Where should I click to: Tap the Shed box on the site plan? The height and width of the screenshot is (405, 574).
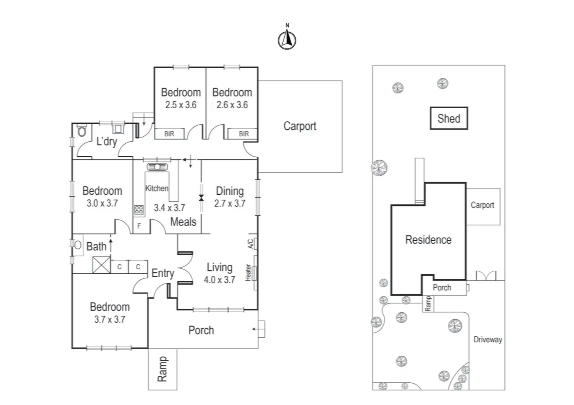coord(449,118)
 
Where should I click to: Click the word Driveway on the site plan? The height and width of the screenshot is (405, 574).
coord(488,340)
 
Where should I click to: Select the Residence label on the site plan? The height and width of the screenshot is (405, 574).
coord(428,240)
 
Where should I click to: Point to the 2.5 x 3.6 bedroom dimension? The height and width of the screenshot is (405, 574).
coord(181,105)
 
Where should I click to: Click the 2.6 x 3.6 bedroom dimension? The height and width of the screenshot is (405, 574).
coord(232,105)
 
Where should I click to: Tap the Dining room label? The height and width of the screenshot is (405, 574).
coord(230,191)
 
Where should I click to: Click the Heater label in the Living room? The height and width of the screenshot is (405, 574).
coord(248,273)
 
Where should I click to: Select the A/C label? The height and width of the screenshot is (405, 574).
coord(251,243)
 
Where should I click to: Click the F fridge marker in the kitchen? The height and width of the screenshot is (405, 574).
coord(139,226)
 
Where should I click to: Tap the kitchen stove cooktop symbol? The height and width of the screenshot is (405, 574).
coord(139,210)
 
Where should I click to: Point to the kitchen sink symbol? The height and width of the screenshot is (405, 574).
coord(157,167)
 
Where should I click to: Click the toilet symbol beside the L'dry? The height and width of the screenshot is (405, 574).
coord(82,131)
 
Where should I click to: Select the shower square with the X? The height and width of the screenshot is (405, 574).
coord(101,265)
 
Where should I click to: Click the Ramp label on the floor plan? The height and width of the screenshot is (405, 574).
coord(163,369)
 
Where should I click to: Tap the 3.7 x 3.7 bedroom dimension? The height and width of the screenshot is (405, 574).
coord(110,319)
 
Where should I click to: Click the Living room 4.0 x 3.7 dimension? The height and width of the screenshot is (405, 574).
coord(220,280)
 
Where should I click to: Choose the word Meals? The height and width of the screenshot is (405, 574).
coord(183,222)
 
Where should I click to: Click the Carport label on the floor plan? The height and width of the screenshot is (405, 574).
coord(300,126)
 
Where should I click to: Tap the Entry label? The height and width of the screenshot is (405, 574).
coord(163,273)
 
